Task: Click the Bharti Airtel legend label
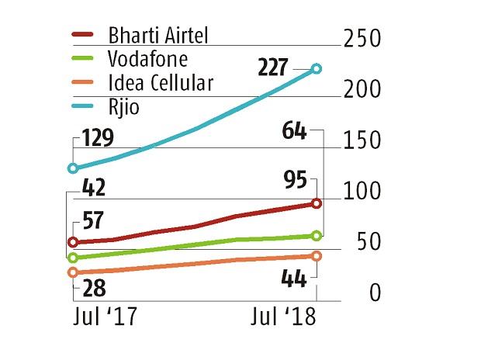point(158,36)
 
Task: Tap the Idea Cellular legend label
point(161,83)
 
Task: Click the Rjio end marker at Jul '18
point(317,69)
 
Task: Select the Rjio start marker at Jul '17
point(73,168)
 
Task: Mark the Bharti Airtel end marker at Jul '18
point(317,203)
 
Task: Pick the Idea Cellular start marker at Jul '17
point(73,272)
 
